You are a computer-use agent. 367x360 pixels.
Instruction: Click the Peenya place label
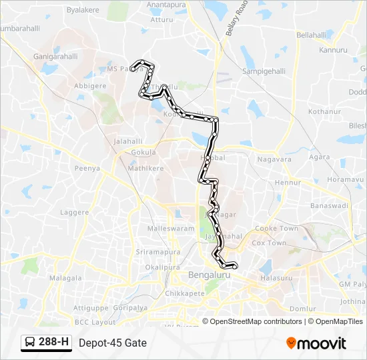[87, 169]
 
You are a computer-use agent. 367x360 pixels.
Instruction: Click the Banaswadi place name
[330, 206]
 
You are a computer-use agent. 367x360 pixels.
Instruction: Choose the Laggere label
[74, 213]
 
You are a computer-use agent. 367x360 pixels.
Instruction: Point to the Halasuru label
[276, 277]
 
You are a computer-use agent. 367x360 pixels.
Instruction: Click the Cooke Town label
[276, 228]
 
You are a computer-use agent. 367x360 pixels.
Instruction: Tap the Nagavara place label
[274, 159]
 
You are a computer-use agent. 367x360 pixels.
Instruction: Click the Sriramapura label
[158, 253]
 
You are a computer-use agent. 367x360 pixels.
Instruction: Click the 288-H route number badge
[46, 343]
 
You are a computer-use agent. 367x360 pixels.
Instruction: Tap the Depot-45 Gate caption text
[112, 343]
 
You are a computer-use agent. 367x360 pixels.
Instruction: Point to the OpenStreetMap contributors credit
[256, 321]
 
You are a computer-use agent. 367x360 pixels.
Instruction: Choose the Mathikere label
[145, 169]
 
